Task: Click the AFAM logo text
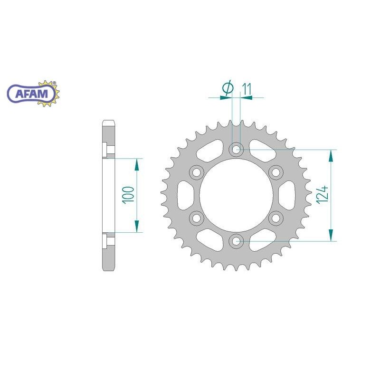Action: click(31, 94)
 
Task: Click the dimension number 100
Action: click(128, 195)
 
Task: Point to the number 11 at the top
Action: click(246, 89)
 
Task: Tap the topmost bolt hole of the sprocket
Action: click(236, 150)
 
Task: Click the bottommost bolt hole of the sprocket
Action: click(236, 241)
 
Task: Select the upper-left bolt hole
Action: click(197, 172)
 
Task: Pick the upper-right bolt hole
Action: click(276, 172)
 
